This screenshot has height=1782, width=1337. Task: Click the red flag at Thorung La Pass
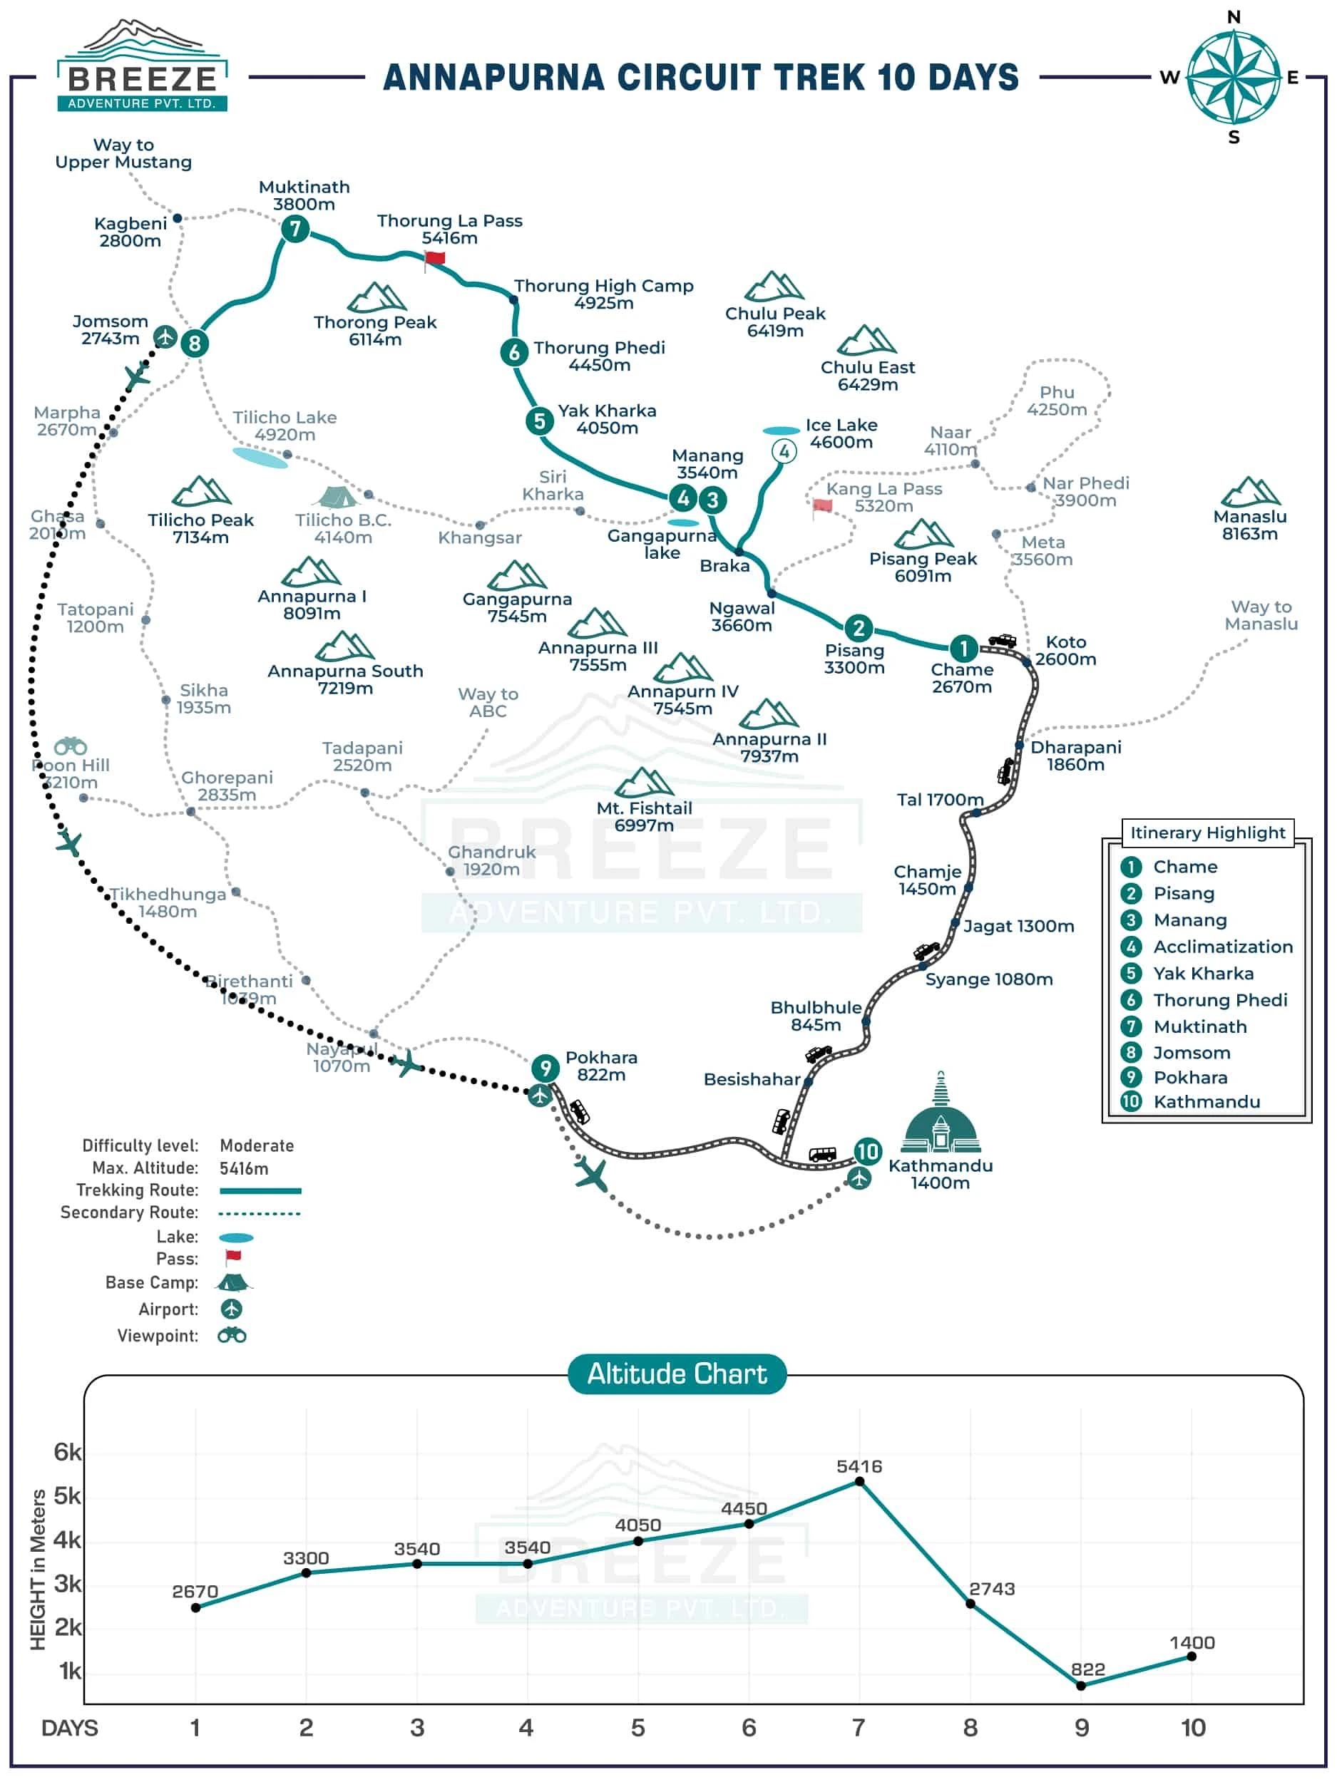pos(434,258)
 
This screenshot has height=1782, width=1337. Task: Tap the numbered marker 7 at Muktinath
pos(296,229)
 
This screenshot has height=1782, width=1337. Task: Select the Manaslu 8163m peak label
pos(1249,525)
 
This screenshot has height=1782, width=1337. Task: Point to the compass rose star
pos(1233,77)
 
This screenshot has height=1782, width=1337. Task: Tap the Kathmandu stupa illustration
pos(941,1116)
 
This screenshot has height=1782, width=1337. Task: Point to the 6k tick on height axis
pos(67,1453)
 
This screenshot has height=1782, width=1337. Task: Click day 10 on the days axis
pos(1193,1728)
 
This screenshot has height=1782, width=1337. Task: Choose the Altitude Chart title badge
pos(677,1374)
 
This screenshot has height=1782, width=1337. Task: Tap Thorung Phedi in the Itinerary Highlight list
pos(1220,1001)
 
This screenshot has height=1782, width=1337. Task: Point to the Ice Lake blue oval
pos(781,431)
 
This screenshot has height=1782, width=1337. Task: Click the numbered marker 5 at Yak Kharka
pos(539,421)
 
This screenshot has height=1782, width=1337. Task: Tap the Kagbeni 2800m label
pos(130,232)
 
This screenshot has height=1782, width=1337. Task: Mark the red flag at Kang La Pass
pos(822,506)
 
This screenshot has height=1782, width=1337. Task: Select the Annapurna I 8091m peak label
pos(312,605)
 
